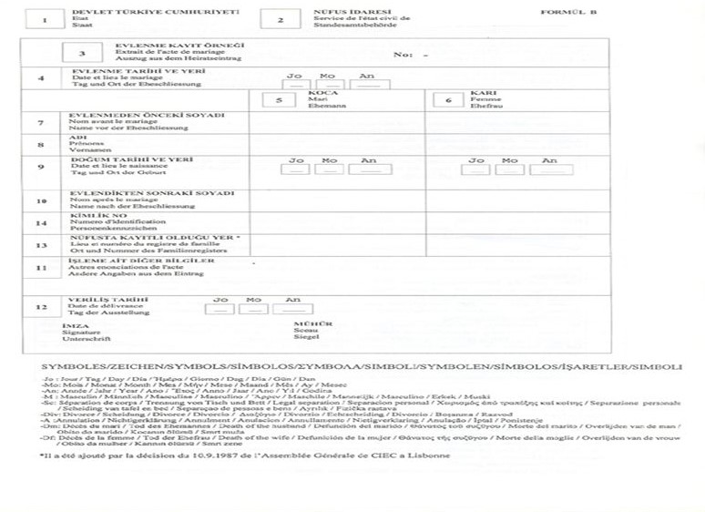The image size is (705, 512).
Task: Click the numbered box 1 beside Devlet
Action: click(45, 19)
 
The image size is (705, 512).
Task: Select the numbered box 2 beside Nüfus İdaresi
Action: click(280, 19)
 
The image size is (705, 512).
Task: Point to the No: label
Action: click(403, 55)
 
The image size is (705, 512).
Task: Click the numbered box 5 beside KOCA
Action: click(280, 99)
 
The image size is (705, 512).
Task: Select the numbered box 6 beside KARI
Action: click(448, 99)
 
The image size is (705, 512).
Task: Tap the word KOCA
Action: click(318, 93)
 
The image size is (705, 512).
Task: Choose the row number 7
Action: click(40, 122)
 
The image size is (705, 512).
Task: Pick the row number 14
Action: click(40, 222)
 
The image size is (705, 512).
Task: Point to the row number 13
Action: click(40, 245)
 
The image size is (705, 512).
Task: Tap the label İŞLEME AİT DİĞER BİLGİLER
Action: click(142, 260)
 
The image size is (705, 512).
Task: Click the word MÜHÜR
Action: click(307, 323)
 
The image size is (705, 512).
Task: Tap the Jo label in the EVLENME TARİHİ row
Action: click(294, 75)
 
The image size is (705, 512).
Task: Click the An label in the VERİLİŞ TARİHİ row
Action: click(292, 299)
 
